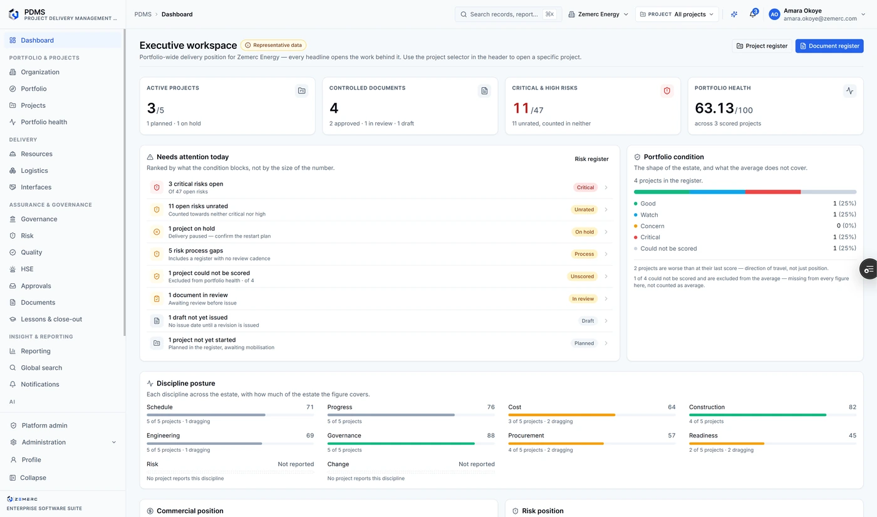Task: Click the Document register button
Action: [829, 46]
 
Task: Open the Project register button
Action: [762, 46]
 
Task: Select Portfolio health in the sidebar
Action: [44, 122]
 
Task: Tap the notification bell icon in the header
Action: [752, 14]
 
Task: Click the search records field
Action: [508, 14]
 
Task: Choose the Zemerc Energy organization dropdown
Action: [598, 14]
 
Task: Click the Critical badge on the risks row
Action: [585, 187]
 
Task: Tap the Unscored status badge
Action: [582, 276]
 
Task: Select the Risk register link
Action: [591, 159]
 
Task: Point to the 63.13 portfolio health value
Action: [714, 108]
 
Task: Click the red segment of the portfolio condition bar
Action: [773, 192]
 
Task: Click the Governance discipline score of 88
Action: [490, 436]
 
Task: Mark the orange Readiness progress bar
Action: [727, 444]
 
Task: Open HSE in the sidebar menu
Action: [27, 269]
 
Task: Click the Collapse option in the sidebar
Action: [33, 478]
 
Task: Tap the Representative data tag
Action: [273, 45]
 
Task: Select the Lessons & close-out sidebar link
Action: [51, 319]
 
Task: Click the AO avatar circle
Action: [774, 14]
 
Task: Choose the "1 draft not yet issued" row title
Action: [198, 317]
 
